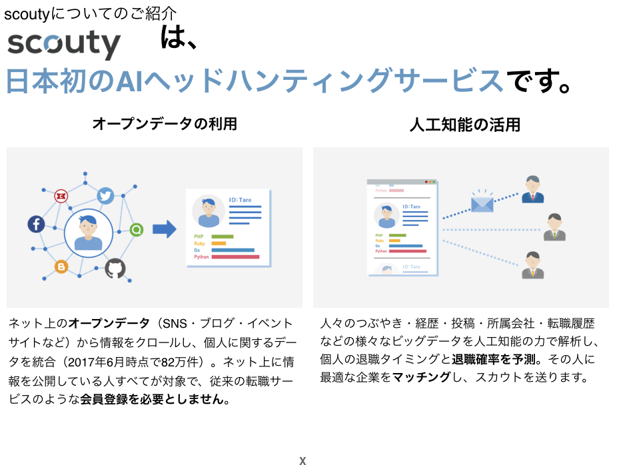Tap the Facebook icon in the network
click(x=36, y=224)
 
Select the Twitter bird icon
click(x=105, y=195)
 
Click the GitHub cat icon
click(x=115, y=268)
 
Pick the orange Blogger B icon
click(x=61, y=266)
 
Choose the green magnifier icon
click(x=137, y=230)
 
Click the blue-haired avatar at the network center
click(x=89, y=233)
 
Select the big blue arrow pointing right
click(x=164, y=229)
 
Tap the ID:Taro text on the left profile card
click(x=240, y=200)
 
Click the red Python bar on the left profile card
click(x=235, y=256)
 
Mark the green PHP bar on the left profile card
click(x=222, y=236)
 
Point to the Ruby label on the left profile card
click(x=200, y=243)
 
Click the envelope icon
click(x=482, y=203)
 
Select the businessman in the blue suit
click(x=532, y=190)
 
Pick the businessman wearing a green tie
click(x=554, y=228)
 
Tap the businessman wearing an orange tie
click(x=532, y=265)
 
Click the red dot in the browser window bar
click(x=426, y=182)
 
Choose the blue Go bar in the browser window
click(x=405, y=246)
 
